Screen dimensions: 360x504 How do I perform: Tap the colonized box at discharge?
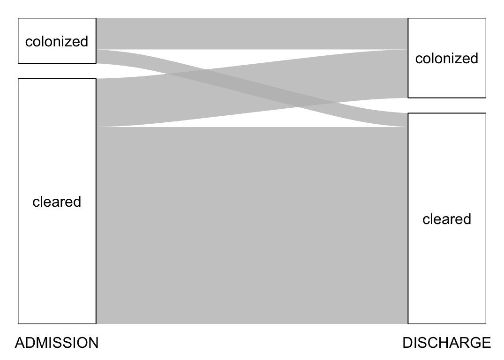tap(446, 80)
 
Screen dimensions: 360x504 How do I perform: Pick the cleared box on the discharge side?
tap(446, 272)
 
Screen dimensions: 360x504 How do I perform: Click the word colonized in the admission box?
tap(57, 41)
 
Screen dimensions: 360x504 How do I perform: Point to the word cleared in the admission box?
tap(57, 202)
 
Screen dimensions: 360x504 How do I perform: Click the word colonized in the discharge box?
tap(446, 58)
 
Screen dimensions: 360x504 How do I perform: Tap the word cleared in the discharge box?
tap(446, 219)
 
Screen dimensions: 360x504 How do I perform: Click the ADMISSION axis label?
tap(57, 343)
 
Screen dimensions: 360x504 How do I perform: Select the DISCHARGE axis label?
tap(446, 343)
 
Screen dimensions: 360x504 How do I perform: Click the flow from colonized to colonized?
tap(252, 33)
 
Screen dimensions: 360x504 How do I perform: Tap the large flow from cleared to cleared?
tap(252, 225)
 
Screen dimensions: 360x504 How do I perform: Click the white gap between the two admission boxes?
tap(57, 71)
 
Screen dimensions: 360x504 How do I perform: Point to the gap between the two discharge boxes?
tap(446, 105)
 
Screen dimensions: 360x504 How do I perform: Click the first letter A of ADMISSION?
tap(20, 343)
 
